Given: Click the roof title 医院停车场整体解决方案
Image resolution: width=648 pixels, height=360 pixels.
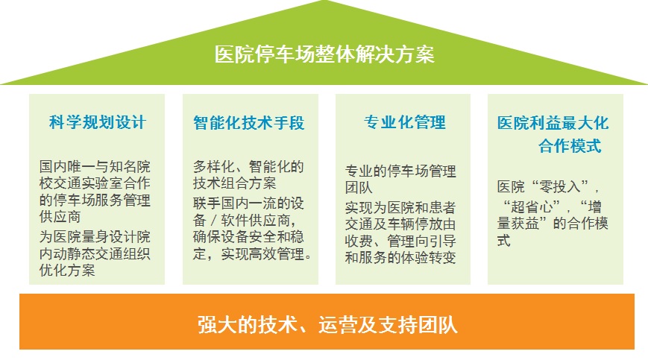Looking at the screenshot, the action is click(x=324, y=54).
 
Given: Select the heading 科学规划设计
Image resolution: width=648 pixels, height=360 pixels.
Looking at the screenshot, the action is click(x=98, y=122).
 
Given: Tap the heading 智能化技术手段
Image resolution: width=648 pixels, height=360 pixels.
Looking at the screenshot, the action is click(x=249, y=123).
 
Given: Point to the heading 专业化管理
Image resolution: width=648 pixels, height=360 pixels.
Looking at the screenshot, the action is click(x=405, y=122).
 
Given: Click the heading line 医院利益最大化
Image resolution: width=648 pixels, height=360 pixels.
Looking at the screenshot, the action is click(x=553, y=123).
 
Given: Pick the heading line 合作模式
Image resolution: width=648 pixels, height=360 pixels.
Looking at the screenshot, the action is click(x=570, y=146).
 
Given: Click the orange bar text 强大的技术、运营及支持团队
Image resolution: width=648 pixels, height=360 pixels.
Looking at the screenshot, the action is click(x=327, y=324).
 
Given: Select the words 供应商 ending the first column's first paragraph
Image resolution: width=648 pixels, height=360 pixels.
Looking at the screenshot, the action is click(x=60, y=216).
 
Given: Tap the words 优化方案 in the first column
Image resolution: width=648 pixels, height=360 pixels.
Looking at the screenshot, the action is click(x=67, y=270).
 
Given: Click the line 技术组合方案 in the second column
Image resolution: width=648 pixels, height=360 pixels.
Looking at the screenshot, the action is click(x=235, y=183).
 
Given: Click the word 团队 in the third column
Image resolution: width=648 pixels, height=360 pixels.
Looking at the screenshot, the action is click(x=359, y=187).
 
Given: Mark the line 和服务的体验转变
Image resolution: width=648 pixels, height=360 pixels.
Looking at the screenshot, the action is click(x=400, y=257).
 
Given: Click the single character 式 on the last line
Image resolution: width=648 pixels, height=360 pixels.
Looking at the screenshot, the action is click(x=504, y=240).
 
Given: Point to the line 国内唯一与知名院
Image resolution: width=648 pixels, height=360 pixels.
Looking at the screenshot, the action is click(x=95, y=166).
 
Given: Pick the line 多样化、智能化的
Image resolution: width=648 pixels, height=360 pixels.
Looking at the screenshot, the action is click(x=248, y=166).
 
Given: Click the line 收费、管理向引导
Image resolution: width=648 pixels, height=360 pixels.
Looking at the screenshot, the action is click(x=400, y=241).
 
